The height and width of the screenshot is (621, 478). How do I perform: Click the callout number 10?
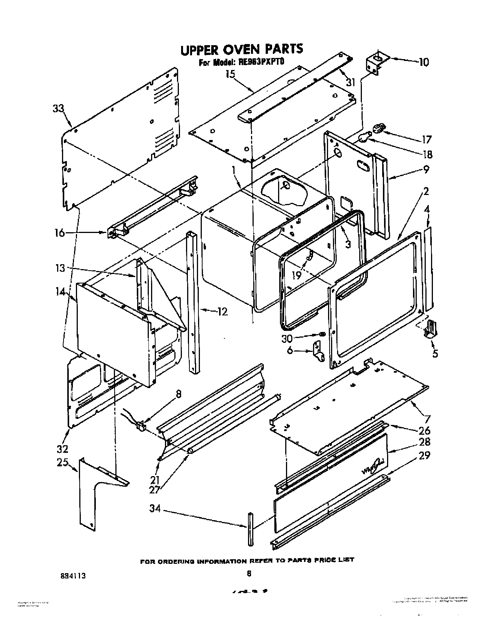[x=423, y=62]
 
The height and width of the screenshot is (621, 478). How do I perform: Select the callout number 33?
[x=58, y=109]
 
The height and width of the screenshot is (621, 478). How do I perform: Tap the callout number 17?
[x=427, y=139]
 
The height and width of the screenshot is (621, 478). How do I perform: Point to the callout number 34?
[x=155, y=509]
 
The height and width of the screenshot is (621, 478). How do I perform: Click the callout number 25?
[x=62, y=463]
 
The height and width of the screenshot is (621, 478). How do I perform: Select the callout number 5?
[x=435, y=353]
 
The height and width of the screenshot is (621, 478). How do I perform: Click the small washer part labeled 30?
[x=322, y=334]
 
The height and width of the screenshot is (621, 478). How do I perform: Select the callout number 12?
[x=222, y=312]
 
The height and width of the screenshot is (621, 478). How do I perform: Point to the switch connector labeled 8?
[x=141, y=426]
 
